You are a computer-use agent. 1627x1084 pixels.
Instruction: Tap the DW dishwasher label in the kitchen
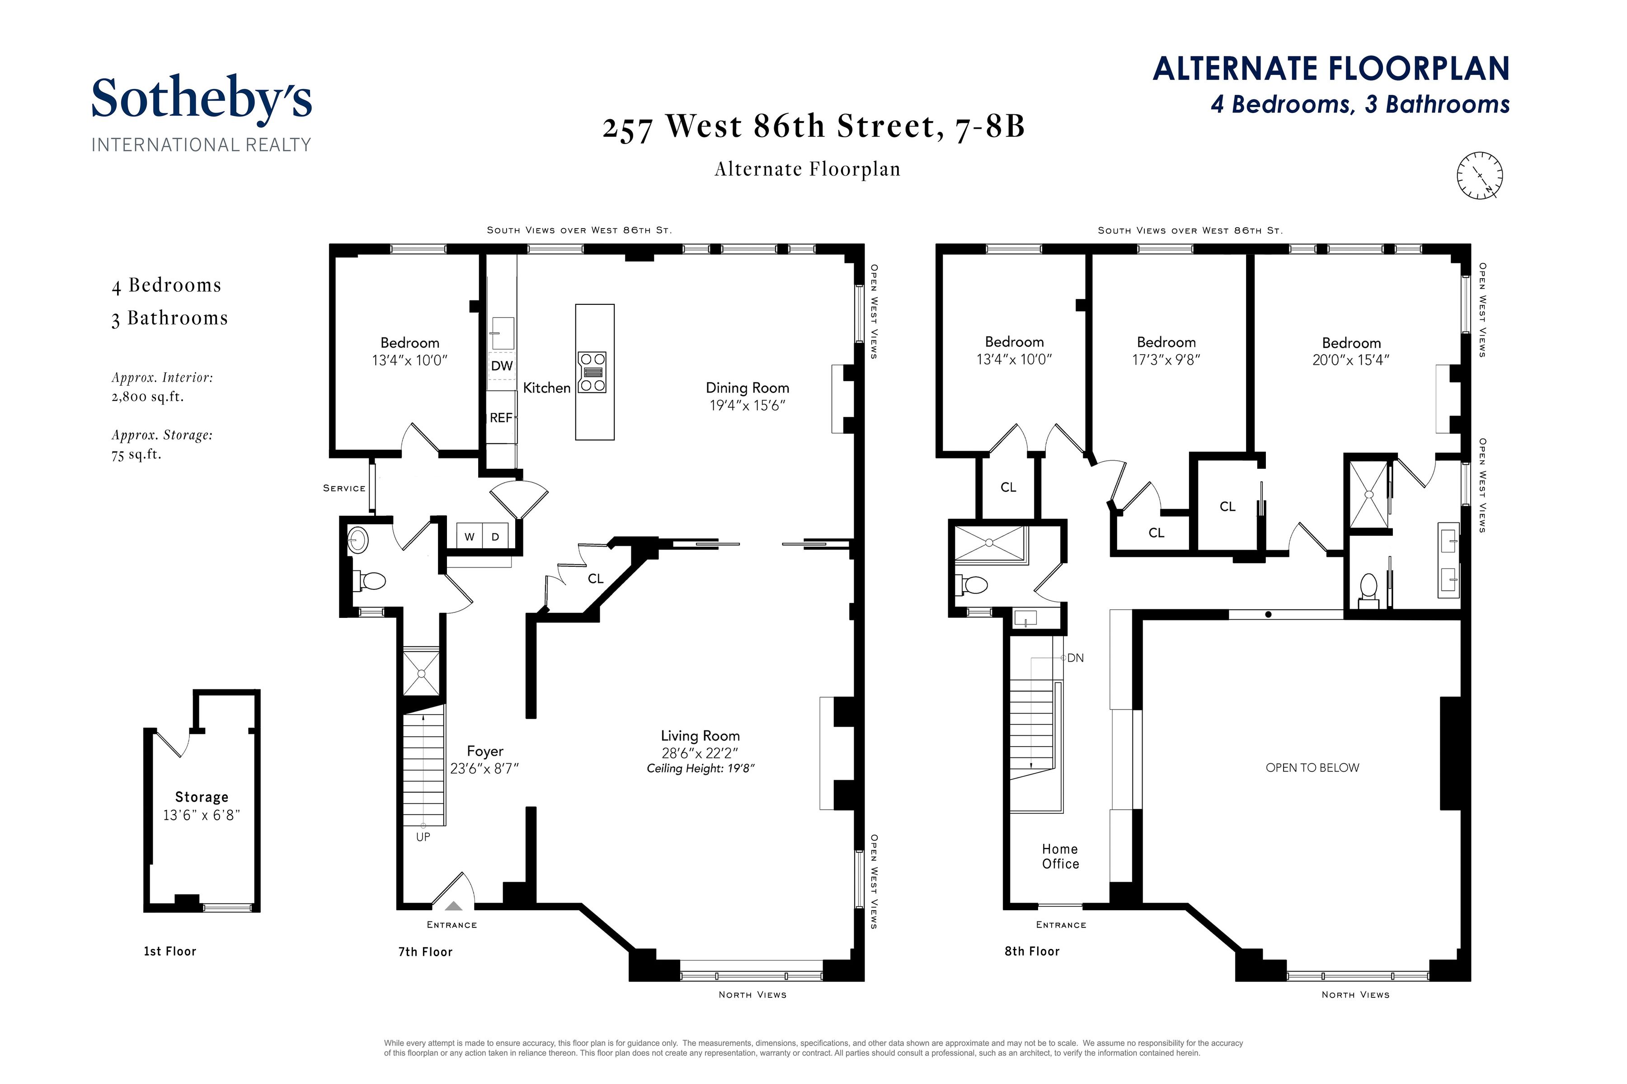click(x=502, y=366)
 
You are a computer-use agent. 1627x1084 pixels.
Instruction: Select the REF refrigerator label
click(x=501, y=417)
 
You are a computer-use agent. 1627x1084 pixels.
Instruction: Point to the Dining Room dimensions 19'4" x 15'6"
click(x=747, y=406)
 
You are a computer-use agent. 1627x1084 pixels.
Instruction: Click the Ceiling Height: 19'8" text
click(x=700, y=769)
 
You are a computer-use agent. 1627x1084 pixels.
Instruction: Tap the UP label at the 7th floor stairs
click(x=423, y=836)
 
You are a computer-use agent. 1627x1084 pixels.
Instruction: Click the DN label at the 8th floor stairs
click(x=1075, y=658)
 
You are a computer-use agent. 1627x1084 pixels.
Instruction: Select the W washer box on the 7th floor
click(x=470, y=537)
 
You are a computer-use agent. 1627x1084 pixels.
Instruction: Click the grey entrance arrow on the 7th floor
click(x=453, y=905)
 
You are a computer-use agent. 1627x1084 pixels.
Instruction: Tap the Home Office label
click(x=1060, y=856)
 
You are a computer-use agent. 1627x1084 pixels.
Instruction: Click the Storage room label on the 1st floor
click(x=201, y=797)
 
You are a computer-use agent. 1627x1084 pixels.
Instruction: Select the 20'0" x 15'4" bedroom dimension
click(x=1350, y=360)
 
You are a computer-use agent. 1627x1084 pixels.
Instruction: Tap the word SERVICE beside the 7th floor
click(x=344, y=488)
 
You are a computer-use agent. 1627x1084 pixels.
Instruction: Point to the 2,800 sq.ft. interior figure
click(x=147, y=397)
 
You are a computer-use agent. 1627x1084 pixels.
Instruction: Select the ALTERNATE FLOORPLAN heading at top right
click(x=1331, y=69)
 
